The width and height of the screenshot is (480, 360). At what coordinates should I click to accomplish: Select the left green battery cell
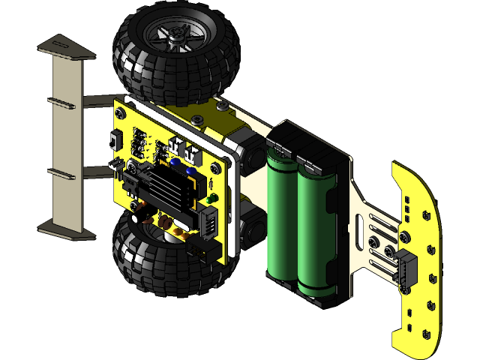tap(282, 217)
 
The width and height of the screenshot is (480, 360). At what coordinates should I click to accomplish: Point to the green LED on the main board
tap(213, 199)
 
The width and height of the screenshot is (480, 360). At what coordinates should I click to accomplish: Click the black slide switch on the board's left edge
tap(113, 140)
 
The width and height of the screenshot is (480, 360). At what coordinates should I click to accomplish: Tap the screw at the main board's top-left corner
tap(120, 112)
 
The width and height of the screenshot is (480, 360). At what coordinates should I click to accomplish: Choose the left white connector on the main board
tap(177, 145)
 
